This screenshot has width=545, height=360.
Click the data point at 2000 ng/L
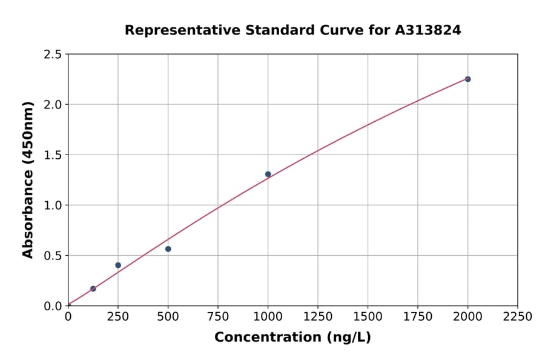[467, 79]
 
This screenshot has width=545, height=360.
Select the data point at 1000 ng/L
[268, 175]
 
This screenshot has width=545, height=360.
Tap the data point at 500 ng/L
[168, 249]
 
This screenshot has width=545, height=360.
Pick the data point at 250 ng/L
[118, 265]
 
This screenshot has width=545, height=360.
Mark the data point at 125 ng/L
[93, 288]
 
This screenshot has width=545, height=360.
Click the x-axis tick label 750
[218, 317]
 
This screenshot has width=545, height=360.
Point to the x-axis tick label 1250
[318, 317]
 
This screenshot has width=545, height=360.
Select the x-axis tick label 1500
[368, 317]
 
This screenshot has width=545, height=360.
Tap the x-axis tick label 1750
[418, 317]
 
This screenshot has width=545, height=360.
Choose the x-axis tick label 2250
[518, 317]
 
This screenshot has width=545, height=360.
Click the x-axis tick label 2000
[467, 317]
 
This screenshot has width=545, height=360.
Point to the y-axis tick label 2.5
[53, 55]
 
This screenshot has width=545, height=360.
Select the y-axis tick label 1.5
[53, 155]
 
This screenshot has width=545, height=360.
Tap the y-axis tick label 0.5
[53, 256]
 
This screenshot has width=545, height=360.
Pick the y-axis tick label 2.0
[53, 105]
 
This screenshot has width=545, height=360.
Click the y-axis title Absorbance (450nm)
[28, 180]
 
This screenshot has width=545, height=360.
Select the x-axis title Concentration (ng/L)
[292, 338]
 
